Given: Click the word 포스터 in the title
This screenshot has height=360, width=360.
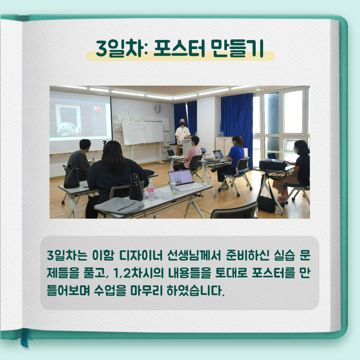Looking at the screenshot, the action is tap(179, 48).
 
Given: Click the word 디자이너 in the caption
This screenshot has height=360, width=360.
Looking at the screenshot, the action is tap(141, 255).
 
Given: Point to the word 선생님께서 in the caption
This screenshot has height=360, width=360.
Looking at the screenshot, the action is tap(194, 255).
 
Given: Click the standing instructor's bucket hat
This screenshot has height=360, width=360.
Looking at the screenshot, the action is tap(182, 121).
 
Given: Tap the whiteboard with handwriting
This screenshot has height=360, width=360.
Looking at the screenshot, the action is tap(143, 132).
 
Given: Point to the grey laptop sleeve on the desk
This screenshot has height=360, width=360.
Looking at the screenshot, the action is tap(119, 205).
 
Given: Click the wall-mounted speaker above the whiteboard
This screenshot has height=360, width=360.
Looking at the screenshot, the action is tap(158, 108).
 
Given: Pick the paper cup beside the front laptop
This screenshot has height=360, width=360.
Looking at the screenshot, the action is tap(173, 187).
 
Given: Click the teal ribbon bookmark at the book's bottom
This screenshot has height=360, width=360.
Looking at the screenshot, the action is tap(24, 337).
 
